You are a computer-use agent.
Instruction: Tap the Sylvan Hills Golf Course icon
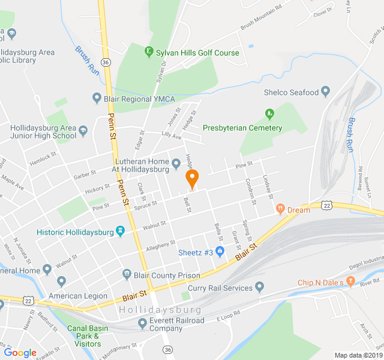[149, 52]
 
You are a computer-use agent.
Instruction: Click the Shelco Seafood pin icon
[326, 92]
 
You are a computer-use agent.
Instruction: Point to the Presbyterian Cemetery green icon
[270, 113]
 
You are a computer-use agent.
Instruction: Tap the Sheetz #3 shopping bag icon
[220, 252]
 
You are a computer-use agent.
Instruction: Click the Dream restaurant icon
[280, 209]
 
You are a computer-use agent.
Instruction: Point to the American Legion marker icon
[61, 281]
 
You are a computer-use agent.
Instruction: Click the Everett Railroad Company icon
[142, 324]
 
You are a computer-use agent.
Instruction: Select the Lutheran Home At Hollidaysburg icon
[176, 163]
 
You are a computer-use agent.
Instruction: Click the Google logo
[20, 353]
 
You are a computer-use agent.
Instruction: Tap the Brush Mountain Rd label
[261, 18]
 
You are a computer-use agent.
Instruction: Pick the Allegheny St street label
[161, 245]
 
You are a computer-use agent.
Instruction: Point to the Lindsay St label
[268, 187]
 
